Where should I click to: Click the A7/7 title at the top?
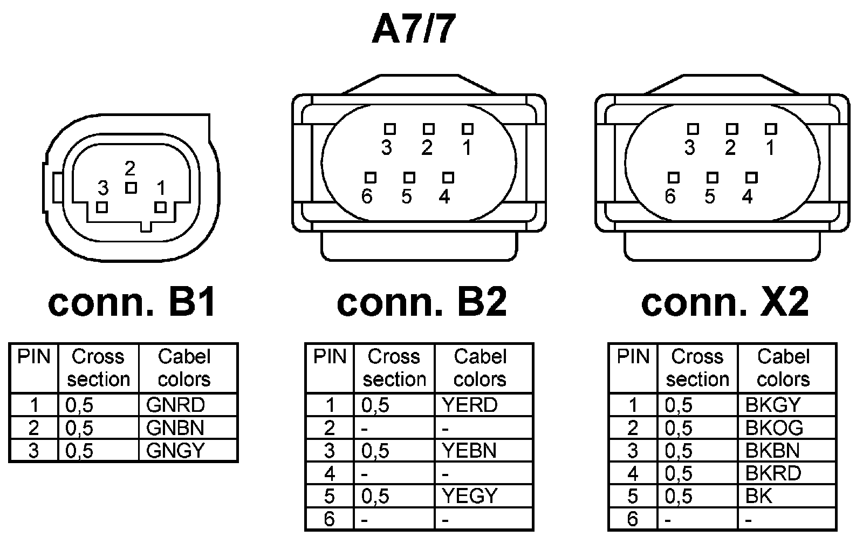(x=414, y=29)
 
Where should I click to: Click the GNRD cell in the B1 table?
(x=176, y=405)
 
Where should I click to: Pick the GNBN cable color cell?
(x=176, y=427)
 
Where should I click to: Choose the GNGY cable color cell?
(x=176, y=450)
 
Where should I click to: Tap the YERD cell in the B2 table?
(x=470, y=405)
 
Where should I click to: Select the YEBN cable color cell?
(x=470, y=450)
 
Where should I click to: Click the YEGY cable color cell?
(x=470, y=496)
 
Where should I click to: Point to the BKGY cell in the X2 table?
(x=773, y=405)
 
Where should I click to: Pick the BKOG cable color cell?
(x=775, y=427)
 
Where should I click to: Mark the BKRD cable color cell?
(x=773, y=473)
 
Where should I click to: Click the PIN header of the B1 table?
(x=34, y=357)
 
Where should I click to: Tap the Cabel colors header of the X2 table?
(x=784, y=368)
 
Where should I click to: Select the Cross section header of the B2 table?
(x=394, y=368)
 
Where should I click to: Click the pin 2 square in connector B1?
(x=131, y=188)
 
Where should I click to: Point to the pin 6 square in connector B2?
(x=370, y=178)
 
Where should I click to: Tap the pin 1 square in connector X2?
(x=771, y=129)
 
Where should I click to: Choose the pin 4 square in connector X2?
(x=751, y=178)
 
